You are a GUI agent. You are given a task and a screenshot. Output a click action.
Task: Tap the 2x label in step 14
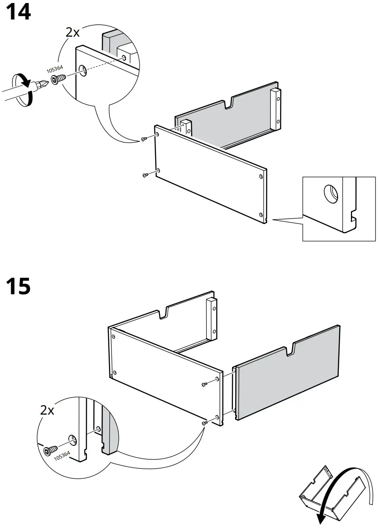tap(73, 32)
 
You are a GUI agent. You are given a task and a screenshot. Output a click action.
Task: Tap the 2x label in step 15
tap(47, 410)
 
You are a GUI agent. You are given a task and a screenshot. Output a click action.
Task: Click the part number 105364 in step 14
tap(55, 70)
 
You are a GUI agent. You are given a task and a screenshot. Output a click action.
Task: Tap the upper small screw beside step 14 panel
tap(144, 139)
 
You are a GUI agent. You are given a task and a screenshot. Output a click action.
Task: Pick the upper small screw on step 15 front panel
tap(205, 384)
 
